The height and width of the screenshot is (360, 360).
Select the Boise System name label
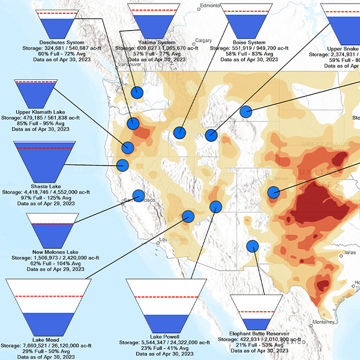(x=248, y=43)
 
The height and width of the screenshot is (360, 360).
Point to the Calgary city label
(x=204, y=41)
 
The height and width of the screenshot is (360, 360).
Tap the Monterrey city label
(x=322, y=322)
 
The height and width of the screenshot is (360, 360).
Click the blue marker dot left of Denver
(x=274, y=193)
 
